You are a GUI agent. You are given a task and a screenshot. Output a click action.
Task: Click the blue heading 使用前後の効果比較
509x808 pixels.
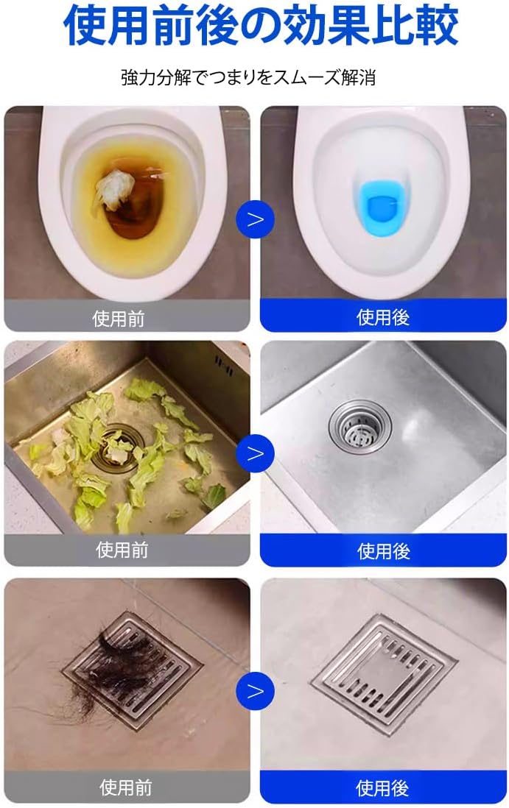tap(261, 25)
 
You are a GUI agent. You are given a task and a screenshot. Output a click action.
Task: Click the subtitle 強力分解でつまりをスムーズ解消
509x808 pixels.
tap(248, 77)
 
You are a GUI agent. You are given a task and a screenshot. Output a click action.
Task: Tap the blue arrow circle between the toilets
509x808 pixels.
tap(256, 220)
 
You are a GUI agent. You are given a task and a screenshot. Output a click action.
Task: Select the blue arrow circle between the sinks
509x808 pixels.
tap(256, 453)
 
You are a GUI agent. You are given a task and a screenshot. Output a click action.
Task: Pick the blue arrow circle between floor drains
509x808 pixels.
tap(256, 691)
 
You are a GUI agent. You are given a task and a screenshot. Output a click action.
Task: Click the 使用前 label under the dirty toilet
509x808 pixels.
tap(119, 319)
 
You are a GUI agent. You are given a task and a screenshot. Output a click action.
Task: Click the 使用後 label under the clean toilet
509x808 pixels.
tap(383, 317)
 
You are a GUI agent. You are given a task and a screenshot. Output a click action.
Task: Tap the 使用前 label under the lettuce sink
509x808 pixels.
tap(122, 550)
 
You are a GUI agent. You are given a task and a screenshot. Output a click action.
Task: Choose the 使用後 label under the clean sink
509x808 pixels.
tap(384, 551)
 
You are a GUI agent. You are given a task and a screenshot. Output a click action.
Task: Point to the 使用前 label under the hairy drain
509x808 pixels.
tap(125, 787)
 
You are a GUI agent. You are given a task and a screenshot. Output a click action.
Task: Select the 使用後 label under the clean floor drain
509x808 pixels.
tap(382, 788)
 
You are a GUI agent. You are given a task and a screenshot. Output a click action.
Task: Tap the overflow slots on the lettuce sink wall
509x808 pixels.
tap(222, 365)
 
